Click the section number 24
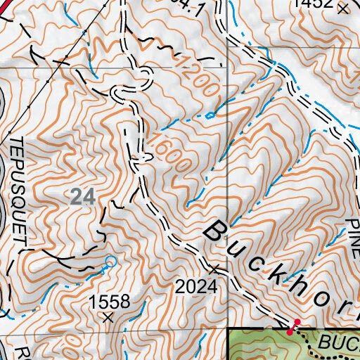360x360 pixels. click(83, 198)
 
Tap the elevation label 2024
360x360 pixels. click(196, 287)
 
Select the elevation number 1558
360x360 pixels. click(109, 302)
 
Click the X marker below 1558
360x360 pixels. click(108, 318)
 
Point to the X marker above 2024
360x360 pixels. click(214, 269)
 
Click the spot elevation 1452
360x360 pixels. click(313, 4)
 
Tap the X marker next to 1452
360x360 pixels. click(342, 9)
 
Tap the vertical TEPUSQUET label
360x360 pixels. click(18, 191)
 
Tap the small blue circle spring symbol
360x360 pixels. click(109, 262)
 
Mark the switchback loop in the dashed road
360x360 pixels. click(117, 94)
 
